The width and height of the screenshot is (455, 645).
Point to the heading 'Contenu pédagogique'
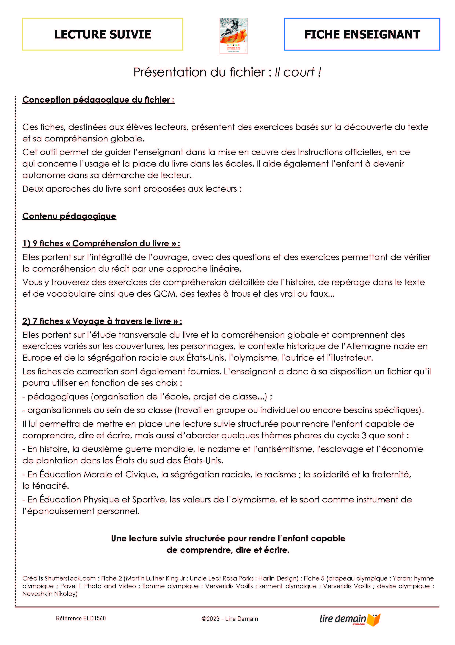[x=69, y=216]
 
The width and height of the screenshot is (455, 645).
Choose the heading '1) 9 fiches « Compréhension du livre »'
[x=101, y=243]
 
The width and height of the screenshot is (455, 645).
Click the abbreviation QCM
[x=165, y=294]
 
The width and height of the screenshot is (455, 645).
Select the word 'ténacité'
[x=51, y=486]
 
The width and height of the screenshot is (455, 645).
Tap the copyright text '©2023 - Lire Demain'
[x=229, y=619]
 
